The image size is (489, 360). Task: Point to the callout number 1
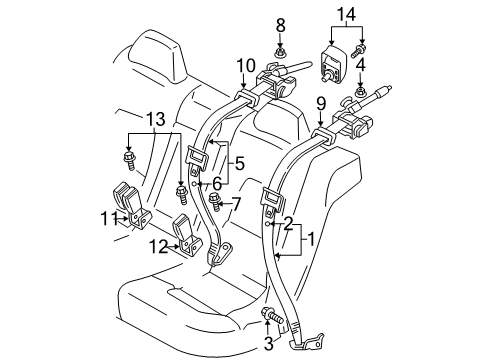pyautogui.click(x=310, y=240)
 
